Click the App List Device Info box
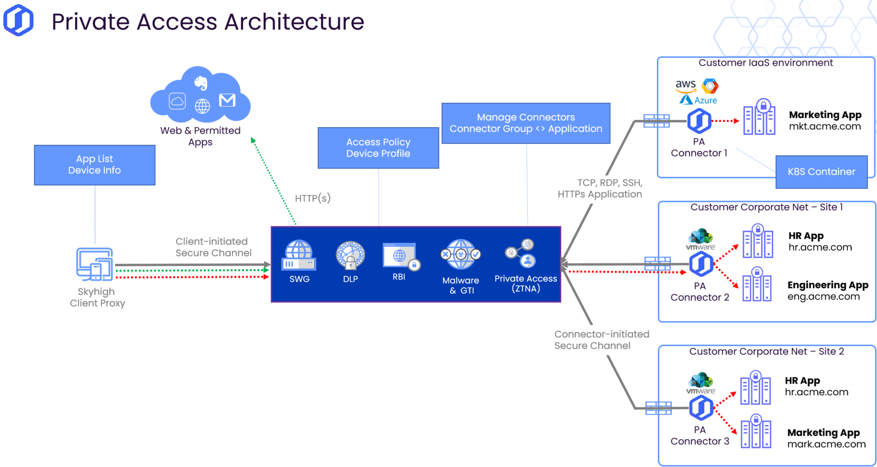coord(95,165)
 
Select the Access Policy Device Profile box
coord(378,148)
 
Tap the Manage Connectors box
coord(526,123)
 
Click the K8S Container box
coord(821,172)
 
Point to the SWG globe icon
coord(299,255)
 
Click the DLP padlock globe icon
coord(350,255)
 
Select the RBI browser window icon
coord(401,256)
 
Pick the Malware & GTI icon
coord(461,254)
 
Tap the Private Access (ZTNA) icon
coord(520,253)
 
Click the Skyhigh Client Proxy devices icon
coord(95,264)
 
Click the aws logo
coord(685,86)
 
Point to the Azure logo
coord(698,100)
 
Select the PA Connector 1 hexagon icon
coord(699,121)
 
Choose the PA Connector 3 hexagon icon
coord(701,408)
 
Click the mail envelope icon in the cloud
coord(227,100)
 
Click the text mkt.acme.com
coord(825,127)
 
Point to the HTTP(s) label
coord(313,198)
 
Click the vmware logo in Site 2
coord(700,383)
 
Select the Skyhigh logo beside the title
coord(18,20)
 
